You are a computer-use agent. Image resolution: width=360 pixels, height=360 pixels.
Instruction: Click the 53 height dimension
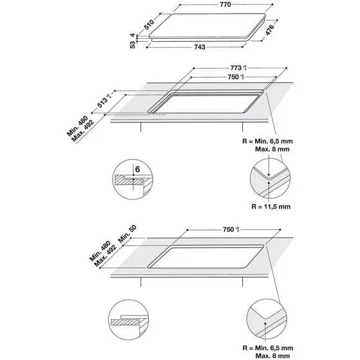133,44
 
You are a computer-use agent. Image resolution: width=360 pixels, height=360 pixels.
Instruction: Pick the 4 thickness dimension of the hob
133,35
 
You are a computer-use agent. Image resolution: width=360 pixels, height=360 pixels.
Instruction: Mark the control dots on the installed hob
158,115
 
